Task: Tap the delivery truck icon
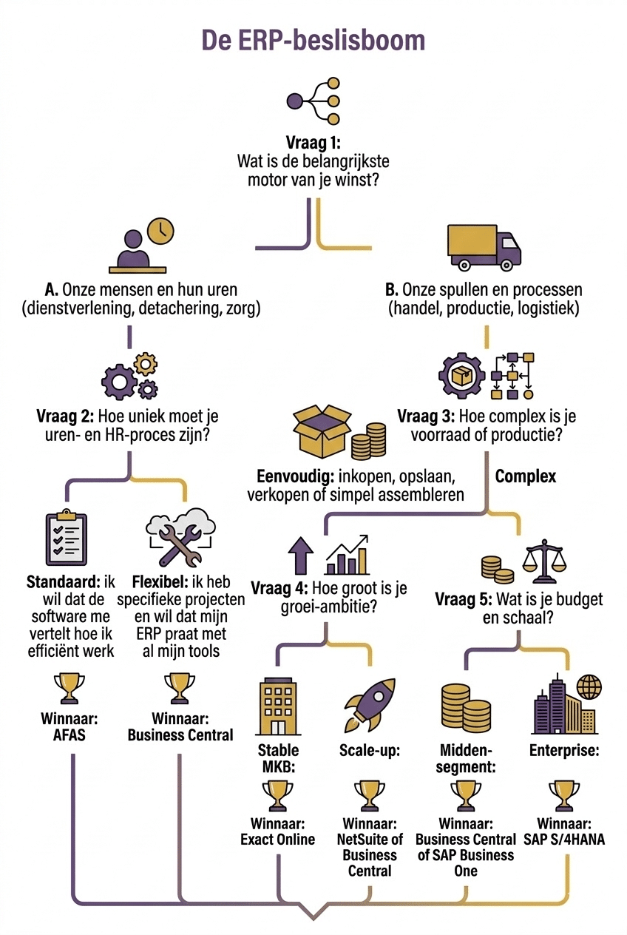(x=484, y=247)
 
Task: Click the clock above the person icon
(x=160, y=230)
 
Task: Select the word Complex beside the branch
(x=525, y=476)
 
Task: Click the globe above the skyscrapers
(x=590, y=686)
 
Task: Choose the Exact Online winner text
(x=277, y=840)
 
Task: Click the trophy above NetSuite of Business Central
(x=370, y=795)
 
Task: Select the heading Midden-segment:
(x=466, y=759)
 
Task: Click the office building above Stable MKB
(x=278, y=706)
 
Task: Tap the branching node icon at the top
(x=313, y=100)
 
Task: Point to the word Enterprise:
(x=563, y=751)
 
